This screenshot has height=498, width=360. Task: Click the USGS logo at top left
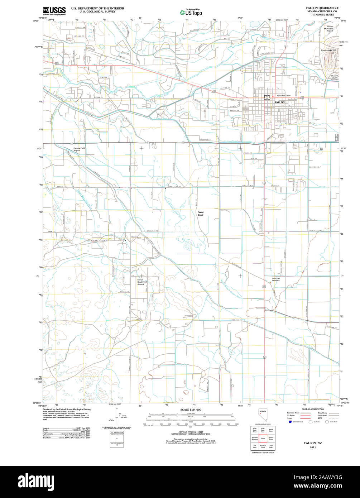click(54, 11)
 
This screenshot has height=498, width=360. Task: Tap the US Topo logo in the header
click(191, 13)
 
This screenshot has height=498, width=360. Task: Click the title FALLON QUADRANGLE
click(322, 8)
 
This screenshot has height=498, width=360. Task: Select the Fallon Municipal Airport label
click(330, 29)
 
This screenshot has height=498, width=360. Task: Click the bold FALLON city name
click(280, 102)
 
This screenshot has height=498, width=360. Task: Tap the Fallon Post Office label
click(283, 96)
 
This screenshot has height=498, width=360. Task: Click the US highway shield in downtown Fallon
click(266, 97)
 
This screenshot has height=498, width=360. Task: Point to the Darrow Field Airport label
click(79, 149)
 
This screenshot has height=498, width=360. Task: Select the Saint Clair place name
click(201, 214)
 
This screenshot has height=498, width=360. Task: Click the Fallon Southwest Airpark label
click(142, 282)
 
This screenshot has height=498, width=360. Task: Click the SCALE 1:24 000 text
click(191, 410)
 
